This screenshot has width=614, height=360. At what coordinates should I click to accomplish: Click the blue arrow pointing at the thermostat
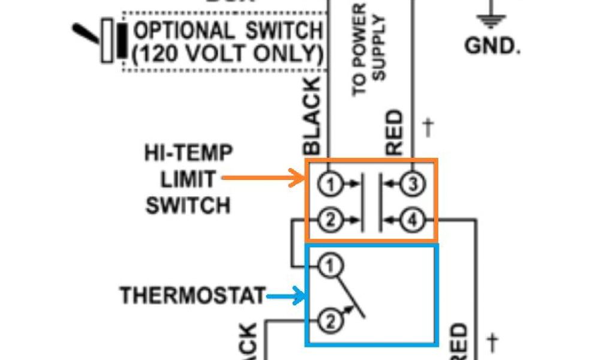pos(285,295)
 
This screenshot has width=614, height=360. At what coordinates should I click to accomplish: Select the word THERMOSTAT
pos(192,296)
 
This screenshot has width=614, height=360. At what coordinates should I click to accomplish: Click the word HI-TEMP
pos(188,154)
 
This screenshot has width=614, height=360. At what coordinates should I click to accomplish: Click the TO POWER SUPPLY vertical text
pos(369,49)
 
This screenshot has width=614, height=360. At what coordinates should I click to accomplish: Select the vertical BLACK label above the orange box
pos(315,118)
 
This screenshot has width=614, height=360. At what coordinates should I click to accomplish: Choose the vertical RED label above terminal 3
pos(396,133)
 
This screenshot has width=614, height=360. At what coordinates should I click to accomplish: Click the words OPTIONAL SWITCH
pos(228,30)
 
